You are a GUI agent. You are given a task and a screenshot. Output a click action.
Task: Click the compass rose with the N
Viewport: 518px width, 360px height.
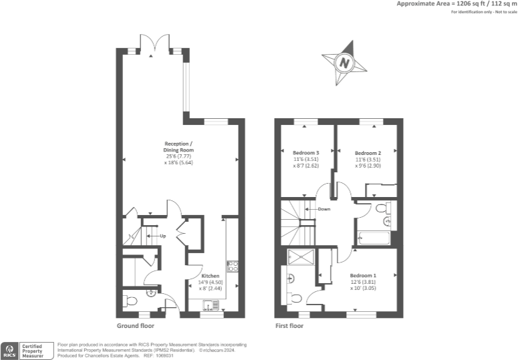(x=345, y=63)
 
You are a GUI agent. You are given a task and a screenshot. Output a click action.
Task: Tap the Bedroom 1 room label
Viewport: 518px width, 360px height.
(x=363, y=275)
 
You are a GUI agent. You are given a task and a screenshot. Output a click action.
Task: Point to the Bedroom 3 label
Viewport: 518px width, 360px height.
(x=306, y=153)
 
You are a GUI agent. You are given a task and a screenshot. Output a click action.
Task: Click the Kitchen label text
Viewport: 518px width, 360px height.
(x=211, y=275)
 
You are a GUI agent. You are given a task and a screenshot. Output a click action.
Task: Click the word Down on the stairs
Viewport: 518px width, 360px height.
(x=323, y=209)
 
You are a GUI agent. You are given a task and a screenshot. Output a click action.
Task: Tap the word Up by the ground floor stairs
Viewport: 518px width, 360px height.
(x=162, y=236)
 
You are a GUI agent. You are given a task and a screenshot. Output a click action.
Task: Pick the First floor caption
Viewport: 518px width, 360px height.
(x=289, y=327)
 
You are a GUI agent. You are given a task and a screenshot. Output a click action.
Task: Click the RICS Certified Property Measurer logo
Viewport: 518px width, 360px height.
(x=26, y=349)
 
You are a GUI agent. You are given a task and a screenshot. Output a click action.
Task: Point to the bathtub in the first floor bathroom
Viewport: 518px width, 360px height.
(x=373, y=236)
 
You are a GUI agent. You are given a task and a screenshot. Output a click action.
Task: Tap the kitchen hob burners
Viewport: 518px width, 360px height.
(x=233, y=266)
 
